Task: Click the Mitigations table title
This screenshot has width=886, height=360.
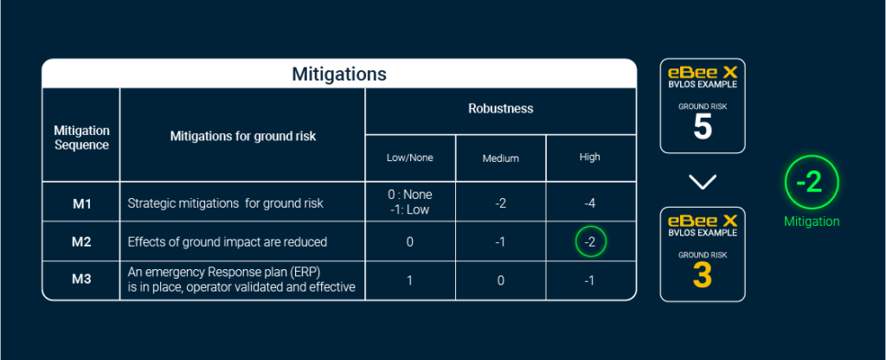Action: [339, 74]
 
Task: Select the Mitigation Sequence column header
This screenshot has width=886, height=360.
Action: [81, 138]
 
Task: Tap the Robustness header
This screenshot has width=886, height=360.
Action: [501, 108]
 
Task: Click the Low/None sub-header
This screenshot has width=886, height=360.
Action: [409, 157]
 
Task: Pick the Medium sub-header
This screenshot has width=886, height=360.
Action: [501, 158]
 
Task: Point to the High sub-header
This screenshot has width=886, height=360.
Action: [589, 157]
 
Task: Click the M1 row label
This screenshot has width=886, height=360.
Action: [82, 203]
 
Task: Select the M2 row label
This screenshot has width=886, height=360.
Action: [82, 242]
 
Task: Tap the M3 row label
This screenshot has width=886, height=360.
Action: [82, 280]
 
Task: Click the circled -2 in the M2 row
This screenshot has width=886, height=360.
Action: [590, 242]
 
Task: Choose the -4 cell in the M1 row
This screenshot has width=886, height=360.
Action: [589, 202]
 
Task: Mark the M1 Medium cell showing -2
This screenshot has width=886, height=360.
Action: [501, 202]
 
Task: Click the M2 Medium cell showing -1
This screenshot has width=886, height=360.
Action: [501, 242]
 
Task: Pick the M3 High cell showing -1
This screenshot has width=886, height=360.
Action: [589, 280]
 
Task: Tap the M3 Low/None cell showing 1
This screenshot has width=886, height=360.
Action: [409, 280]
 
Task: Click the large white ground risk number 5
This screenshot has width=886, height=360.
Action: [703, 128]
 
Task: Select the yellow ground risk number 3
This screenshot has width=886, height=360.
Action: [703, 276]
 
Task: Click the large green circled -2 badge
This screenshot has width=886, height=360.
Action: [812, 183]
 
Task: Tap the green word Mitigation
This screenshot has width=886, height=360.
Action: [812, 222]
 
